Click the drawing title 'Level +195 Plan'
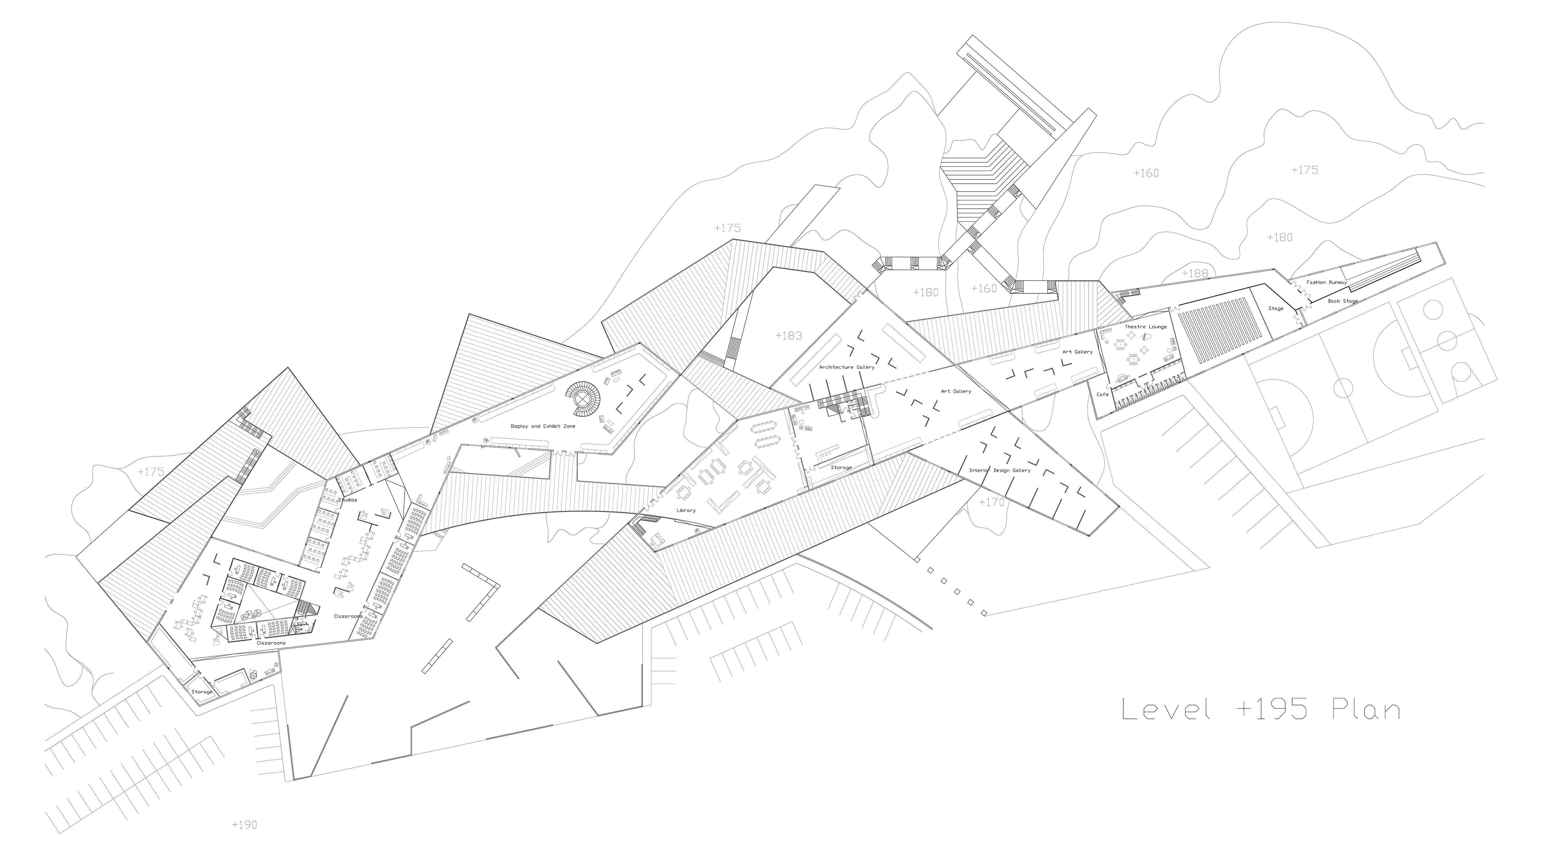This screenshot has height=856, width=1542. click(x=1260, y=710)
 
